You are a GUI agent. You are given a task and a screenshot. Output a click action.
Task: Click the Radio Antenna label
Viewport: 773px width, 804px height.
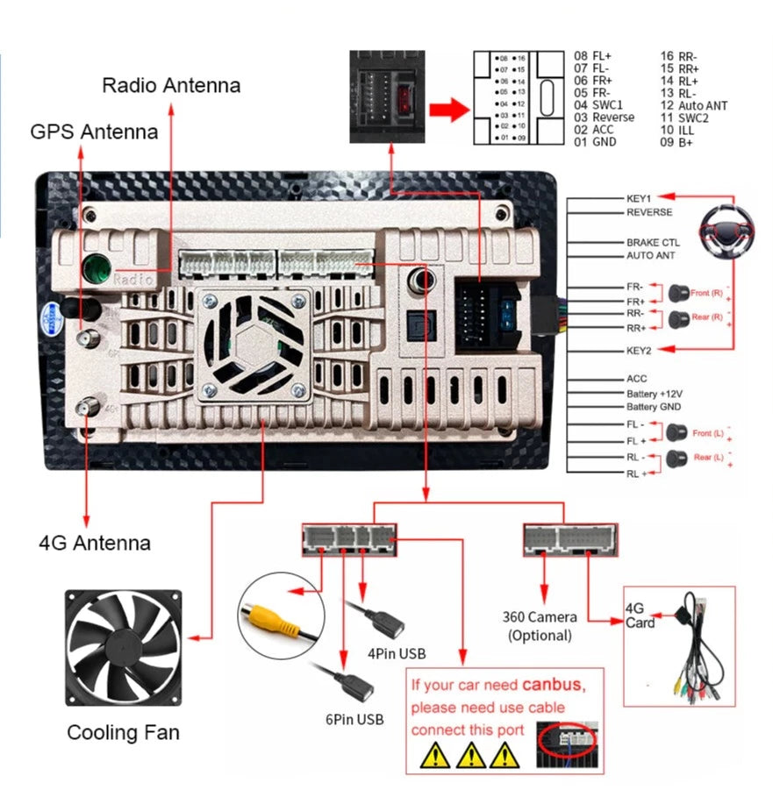tap(171, 85)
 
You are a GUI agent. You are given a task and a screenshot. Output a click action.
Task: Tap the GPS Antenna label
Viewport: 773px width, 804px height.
tap(94, 132)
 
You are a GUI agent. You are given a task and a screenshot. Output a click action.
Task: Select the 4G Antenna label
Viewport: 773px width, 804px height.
tap(95, 543)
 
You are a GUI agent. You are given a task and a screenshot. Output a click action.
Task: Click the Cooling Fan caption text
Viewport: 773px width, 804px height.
tap(123, 732)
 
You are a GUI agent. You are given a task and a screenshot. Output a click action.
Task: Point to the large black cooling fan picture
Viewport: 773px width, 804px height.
tap(124, 648)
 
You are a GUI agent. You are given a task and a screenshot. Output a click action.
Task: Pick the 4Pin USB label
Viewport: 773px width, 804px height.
tap(397, 653)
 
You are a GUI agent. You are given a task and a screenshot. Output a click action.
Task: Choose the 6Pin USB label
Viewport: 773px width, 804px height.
tap(354, 720)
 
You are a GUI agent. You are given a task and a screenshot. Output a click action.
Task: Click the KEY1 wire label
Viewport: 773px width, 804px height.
tap(639, 199)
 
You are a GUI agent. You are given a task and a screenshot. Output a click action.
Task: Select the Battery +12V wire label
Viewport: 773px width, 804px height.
tap(654, 395)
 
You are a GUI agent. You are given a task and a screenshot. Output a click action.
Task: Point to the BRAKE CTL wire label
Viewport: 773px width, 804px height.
tap(653, 242)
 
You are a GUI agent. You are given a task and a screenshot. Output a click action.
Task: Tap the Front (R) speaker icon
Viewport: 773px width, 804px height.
tap(677, 291)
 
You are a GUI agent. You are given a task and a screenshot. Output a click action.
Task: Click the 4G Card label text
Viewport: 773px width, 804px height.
tap(640, 615)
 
